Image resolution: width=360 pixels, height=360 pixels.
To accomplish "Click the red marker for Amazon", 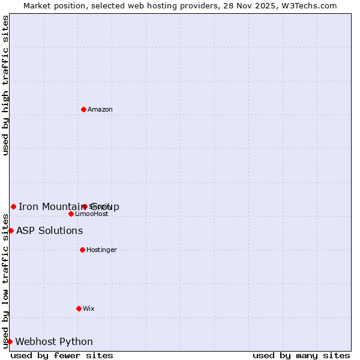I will point(83,109).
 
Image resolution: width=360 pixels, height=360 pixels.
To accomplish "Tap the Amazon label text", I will point(100,109).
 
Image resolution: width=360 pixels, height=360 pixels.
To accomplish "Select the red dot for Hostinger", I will point(82,250).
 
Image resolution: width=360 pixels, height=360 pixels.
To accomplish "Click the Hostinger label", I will point(101,250).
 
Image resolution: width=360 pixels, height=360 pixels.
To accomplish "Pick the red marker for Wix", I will point(79,308).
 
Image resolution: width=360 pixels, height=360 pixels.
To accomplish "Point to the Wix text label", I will point(89,308).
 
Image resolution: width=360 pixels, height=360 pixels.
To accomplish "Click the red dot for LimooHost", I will point(71,214).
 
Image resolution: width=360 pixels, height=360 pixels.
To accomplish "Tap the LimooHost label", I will point(92,214).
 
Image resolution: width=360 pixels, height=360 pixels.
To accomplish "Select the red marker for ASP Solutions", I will point(11,230).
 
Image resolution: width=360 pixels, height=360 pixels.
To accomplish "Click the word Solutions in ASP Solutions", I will point(61,231).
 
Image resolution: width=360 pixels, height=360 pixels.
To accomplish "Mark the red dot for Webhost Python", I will point(10,341).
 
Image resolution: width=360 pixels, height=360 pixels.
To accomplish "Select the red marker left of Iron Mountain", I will point(13,206).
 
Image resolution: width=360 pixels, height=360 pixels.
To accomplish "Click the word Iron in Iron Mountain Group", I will point(28,207).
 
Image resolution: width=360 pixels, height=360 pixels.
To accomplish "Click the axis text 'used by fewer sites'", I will point(62,355).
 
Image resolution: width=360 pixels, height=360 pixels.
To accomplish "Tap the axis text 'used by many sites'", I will point(301,355).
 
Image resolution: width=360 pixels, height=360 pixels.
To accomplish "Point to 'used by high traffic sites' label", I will point(5,85).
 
